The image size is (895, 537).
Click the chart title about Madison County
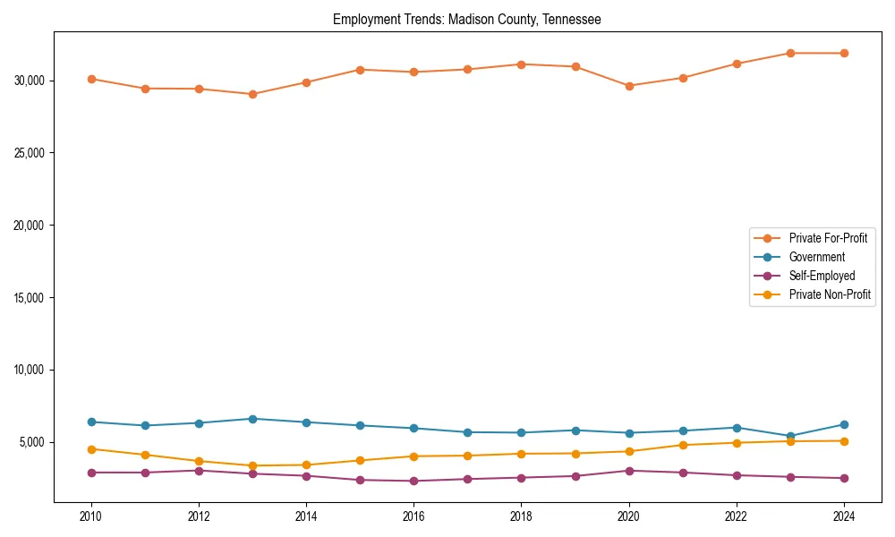(x=466, y=19)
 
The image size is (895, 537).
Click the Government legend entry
(x=816, y=257)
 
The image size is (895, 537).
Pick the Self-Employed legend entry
(x=822, y=276)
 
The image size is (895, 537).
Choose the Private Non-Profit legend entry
(x=830, y=294)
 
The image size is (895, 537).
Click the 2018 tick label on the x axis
(x=521, y=516)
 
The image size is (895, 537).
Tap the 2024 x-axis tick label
(x=844, y=516)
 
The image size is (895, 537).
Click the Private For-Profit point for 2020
(x=629, y=86)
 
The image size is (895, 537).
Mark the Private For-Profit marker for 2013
(x=252, y=94)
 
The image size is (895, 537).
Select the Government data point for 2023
(x=790, y=436)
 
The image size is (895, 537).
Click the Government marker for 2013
(x=252, y=419)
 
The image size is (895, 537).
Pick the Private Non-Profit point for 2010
(x=91, y=449)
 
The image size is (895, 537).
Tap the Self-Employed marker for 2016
(x=413, y=482)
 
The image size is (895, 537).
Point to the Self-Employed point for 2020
(x=629, y=471)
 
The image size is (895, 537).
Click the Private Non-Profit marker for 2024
(x=844, y=440)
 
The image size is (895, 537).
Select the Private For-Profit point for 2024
(x=844, y=53)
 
